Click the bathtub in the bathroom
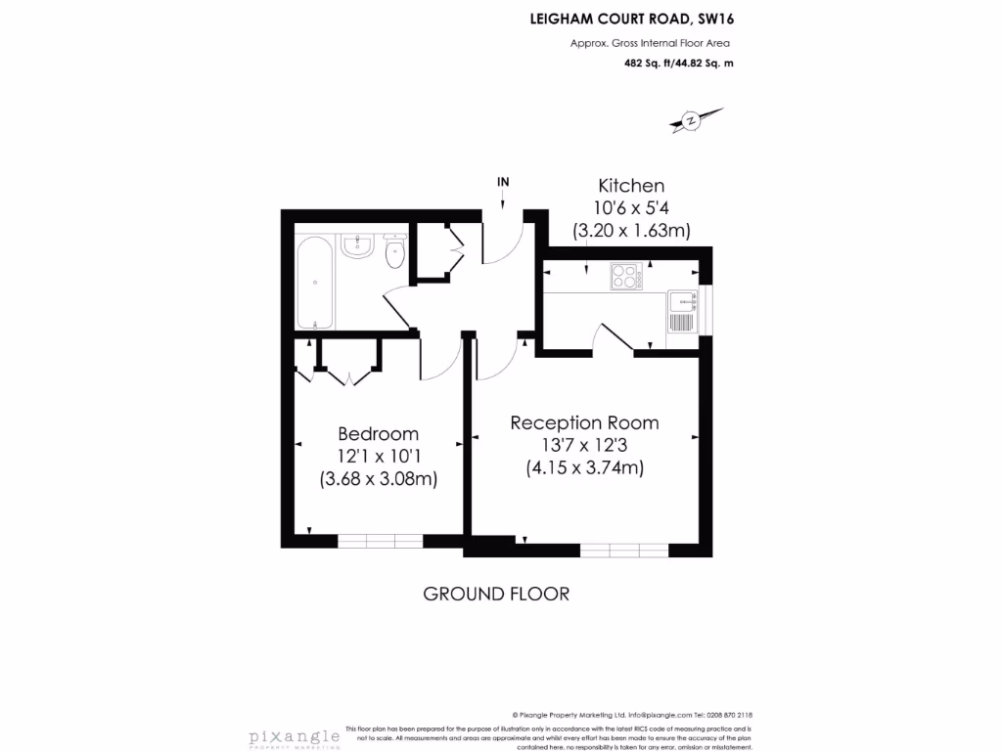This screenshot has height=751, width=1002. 314,283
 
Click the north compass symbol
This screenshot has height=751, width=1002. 692,120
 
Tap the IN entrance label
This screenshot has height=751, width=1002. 503,182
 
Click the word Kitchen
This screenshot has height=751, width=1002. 631,186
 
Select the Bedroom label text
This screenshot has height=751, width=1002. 378,434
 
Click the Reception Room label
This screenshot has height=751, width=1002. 584,423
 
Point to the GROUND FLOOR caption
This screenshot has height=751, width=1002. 495,594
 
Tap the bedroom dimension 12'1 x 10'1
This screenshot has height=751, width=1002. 378,457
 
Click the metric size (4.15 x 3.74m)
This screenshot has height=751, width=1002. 584,468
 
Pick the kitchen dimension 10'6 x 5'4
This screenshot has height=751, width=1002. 631,208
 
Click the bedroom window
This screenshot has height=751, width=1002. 380,541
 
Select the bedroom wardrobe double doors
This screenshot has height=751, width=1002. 347,375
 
